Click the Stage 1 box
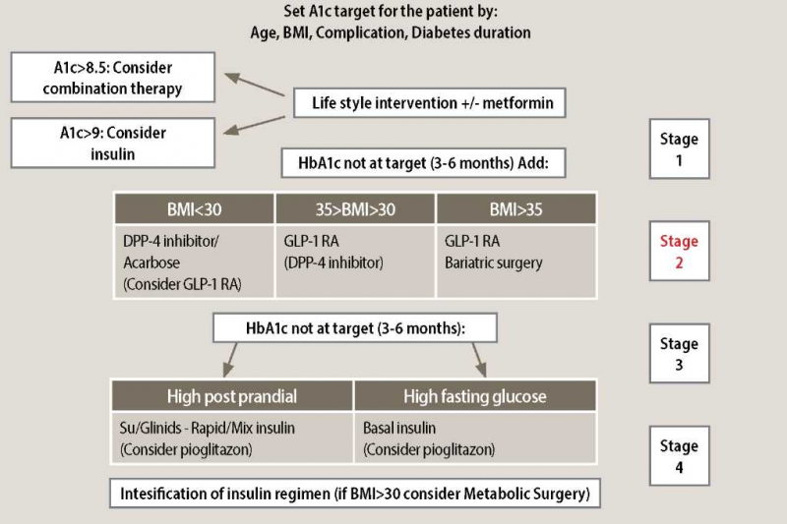point(679,148)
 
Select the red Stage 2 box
point(679,252)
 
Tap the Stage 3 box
point(679,355)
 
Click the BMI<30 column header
point(195,207)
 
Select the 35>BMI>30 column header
point(355,207)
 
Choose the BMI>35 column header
point(515,207)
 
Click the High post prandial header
point(232,396)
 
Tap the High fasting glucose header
point(474,396)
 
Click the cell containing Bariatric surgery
point(515,260)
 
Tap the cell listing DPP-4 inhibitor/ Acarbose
point(195,260)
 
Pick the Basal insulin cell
point(474,438)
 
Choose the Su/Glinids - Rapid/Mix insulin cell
point(232,438)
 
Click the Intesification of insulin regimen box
point(355,493)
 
